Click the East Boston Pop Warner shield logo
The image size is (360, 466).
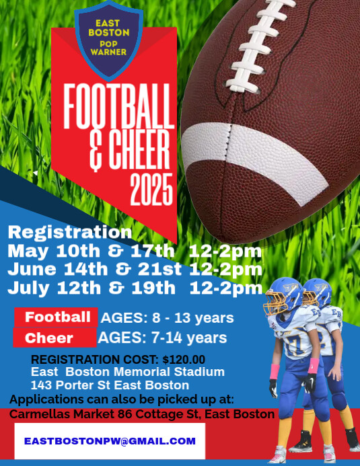point(112,42)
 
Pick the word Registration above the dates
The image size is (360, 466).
point(69,233)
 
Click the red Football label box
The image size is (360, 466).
point(57,317)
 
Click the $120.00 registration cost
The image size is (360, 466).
point(184,360)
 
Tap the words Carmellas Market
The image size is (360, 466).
point(57,414)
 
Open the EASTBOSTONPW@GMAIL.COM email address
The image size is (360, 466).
point(110,441)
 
